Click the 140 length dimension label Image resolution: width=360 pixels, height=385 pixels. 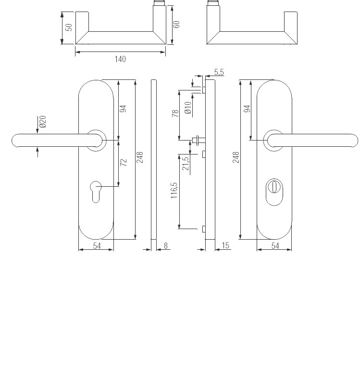tap(120, 59)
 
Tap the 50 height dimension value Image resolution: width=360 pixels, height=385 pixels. tap(69, 27)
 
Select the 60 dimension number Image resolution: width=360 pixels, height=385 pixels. tap(176, 24)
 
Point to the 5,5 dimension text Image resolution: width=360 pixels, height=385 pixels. tap(219, 72)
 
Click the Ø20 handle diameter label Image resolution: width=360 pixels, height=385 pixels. tap(43, 122)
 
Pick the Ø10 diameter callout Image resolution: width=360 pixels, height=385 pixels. tap(188, 107)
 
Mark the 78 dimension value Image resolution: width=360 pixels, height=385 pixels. tap(176, 113)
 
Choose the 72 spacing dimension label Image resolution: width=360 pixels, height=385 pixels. tap(123, 162)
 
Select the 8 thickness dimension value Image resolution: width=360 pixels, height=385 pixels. tap(166, 246)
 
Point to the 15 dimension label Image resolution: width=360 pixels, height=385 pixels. tap(226, 246)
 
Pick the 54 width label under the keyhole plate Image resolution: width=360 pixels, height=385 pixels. tap(97, 246)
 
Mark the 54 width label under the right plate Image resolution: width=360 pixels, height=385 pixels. tap(275, 246)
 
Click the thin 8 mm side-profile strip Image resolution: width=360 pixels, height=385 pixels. tap(154, 159)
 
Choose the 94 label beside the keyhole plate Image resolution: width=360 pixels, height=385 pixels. tap(123, 108)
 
